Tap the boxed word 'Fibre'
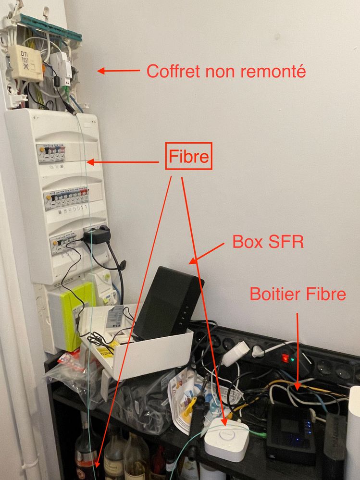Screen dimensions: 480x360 point(189,156)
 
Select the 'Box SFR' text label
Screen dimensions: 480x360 point(268,241)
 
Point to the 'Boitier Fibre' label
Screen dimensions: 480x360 point(298,294)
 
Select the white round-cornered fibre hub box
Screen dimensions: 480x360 point(226,440)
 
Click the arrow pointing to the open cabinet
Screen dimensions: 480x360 point(118,71)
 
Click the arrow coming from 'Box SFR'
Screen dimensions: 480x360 point(208,254)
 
